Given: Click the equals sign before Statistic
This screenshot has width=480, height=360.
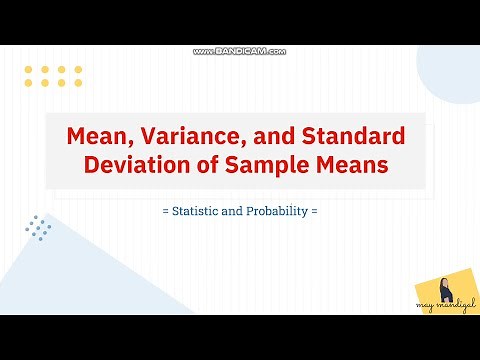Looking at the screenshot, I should tap(164, 212).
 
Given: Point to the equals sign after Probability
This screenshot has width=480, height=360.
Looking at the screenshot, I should tap(314, 212).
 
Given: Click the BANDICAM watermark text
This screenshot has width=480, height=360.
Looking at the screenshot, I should tap(240, 51).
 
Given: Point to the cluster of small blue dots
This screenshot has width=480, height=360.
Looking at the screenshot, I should tap(40, 228).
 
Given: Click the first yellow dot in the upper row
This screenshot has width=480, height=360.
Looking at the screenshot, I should tap(28, 69).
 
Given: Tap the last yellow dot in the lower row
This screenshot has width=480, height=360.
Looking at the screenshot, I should tap(77, 83).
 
